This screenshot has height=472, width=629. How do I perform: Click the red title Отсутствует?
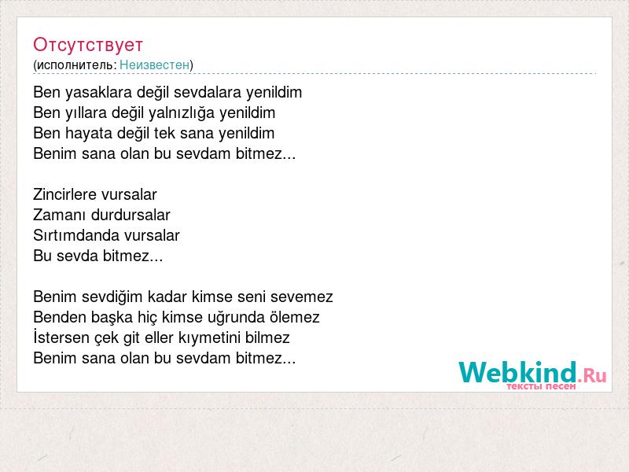[x=88, y=45]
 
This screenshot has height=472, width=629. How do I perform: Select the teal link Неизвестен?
[x=154, y=65]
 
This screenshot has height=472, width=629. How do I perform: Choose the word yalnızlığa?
[x=182, y=113]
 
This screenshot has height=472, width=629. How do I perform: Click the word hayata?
[x=89, y=133]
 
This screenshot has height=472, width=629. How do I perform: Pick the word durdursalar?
[x=131, y=215]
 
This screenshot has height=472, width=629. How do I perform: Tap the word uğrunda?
[x=236, y=318]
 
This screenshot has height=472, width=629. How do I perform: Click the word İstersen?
[x=61, y=337]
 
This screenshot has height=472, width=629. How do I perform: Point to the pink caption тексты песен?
[x=541, y=386]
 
